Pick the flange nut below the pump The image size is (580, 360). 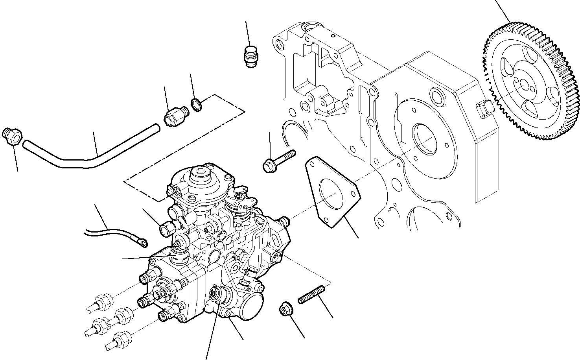point(284,310)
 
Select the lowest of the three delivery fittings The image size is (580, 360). point(118,340)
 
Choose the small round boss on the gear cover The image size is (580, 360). point(437,95)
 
